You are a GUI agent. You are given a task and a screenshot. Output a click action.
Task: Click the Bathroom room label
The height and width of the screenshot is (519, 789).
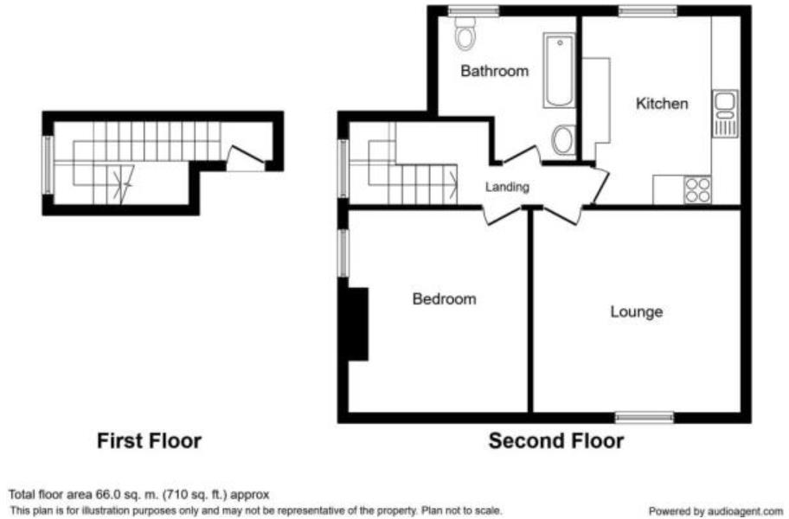pos(494,71)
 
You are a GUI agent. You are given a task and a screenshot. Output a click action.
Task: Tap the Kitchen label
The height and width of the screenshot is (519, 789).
pos(662,104)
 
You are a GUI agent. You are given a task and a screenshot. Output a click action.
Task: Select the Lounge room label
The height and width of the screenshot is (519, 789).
pos(636,311)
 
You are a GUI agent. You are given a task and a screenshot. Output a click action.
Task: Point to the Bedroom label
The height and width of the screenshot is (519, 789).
pos(444,299)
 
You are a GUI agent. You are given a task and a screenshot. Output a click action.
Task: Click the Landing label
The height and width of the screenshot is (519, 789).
pos(507,186)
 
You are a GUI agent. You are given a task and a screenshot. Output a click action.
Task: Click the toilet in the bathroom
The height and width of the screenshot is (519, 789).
pos(465,35)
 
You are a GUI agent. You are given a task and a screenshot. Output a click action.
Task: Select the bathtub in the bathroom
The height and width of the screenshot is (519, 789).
pos(560,71)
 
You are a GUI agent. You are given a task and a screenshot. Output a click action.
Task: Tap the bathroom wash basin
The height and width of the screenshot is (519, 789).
pos(563,140)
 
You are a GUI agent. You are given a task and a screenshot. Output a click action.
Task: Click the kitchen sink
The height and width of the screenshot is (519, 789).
pos(724,113)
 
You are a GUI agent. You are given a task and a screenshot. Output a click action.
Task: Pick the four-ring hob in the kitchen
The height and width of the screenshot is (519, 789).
pos(697,189)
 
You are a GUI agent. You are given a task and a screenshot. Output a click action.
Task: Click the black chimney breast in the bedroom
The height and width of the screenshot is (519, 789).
pos(357,324)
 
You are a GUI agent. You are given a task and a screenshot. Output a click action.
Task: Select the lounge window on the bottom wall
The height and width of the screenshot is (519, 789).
pos(645,418)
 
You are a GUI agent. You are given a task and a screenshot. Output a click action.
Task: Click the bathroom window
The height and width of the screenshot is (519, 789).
pos(474,10)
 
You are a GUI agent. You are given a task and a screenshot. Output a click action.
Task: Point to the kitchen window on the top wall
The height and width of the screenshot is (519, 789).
pos(648,10)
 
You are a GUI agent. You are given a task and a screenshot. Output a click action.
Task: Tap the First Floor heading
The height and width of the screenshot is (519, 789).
pos(149,441)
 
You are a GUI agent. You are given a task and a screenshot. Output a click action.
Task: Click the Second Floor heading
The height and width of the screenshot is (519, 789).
pos(555,441)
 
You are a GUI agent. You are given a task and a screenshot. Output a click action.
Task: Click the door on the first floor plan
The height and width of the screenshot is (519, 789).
pos(246,157)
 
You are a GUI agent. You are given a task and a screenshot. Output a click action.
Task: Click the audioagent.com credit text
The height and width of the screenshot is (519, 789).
pos(715,511)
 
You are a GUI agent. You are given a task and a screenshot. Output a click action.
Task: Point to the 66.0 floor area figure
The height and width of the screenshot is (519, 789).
pos(89,495)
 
